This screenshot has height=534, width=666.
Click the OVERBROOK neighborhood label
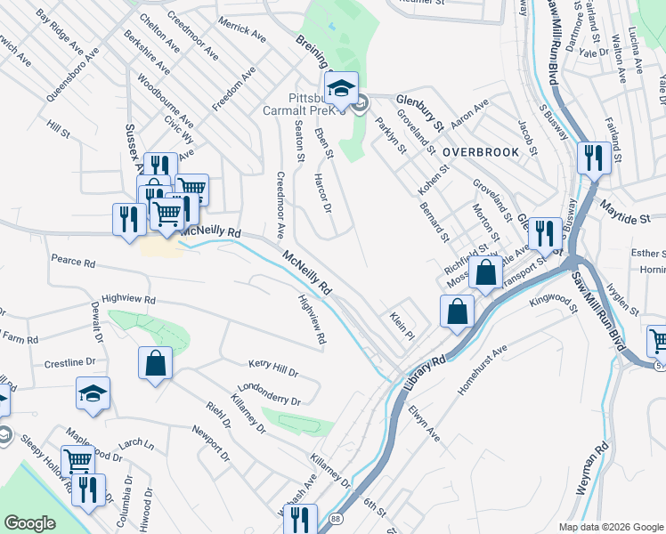coord(481,152)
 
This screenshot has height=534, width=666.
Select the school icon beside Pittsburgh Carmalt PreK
coord(340,88)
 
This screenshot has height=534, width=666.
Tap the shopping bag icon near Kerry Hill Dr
coord(155,363)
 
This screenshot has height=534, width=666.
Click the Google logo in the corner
coord(29,523)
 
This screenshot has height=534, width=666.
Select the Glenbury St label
coord(419,109)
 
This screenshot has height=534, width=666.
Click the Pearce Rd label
coord(73,263)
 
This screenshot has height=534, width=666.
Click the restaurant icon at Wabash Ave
coord(305,518)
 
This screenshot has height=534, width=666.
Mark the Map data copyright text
coord(610,527)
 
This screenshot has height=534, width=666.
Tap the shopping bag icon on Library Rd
coord(456,311)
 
